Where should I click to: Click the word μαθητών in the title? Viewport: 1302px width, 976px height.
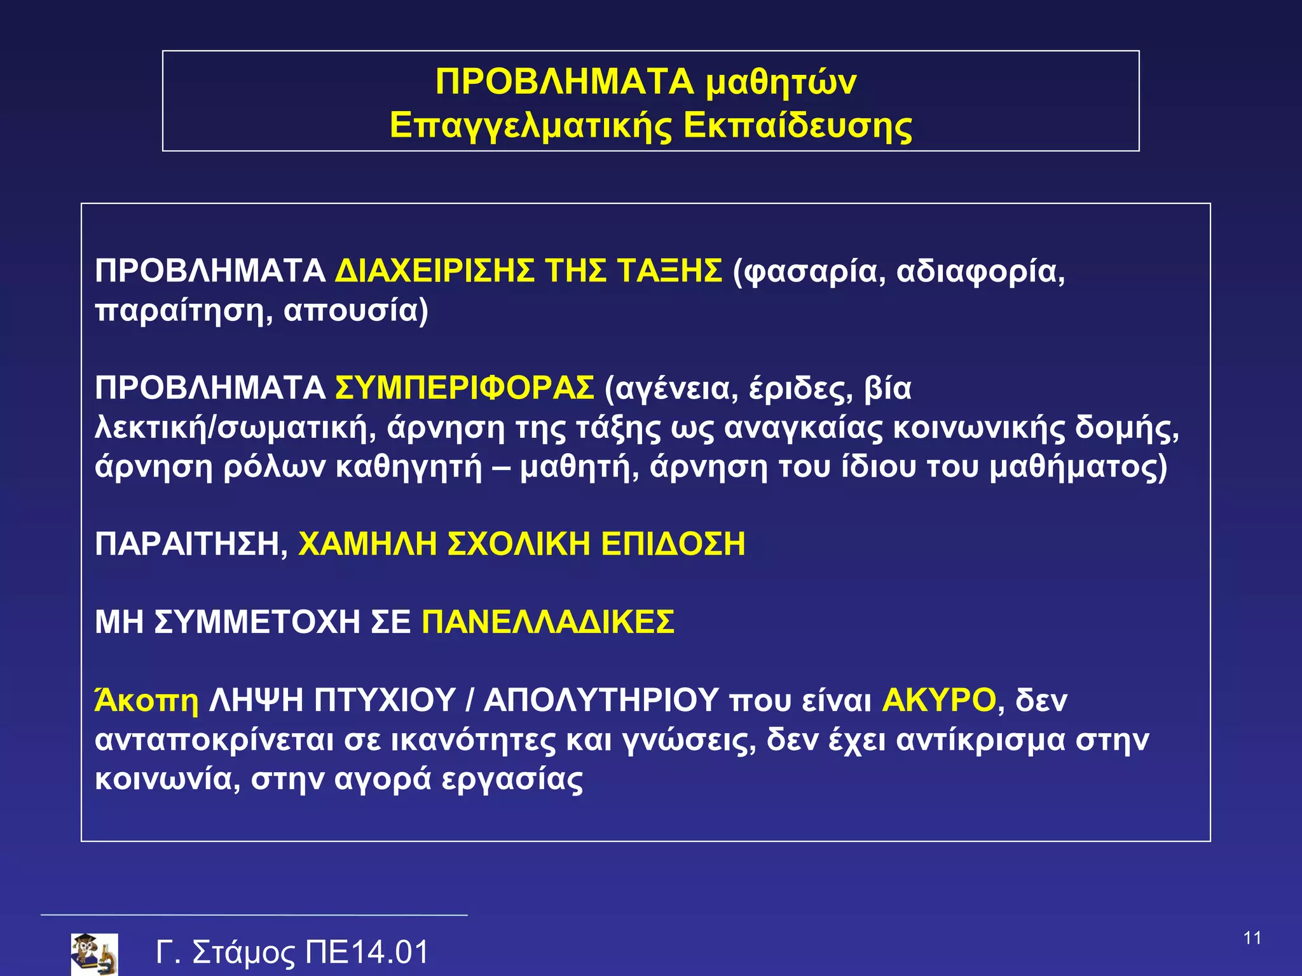[781, 83]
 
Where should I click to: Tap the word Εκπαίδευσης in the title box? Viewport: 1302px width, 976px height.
[798, 125]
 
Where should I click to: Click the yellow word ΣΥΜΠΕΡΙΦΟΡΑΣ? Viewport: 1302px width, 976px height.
[465, 388]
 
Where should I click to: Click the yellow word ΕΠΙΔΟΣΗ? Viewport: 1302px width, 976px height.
[673, 545]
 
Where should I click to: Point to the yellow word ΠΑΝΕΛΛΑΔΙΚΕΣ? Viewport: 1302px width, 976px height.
[548, 622]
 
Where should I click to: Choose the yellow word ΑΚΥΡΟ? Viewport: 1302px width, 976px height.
[939, 700]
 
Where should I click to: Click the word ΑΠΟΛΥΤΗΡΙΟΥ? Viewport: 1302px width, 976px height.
[601, 700]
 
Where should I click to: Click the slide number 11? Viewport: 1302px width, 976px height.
[1252, 939]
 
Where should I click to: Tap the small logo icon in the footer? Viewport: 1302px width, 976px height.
[94, 954]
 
